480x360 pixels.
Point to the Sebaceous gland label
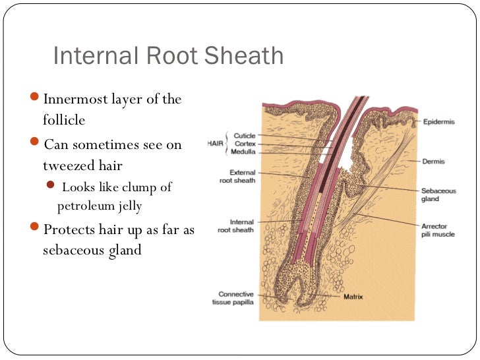(x=438, y=195)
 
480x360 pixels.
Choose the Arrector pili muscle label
(x=438, y=230)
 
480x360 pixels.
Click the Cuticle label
(x=244, y=136)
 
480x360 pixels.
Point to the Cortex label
(x=245, y=144)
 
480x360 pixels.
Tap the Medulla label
(x=244, y=152)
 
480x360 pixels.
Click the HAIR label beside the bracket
(x=215, y=143)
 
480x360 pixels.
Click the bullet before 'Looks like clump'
(x=53, y=187)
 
